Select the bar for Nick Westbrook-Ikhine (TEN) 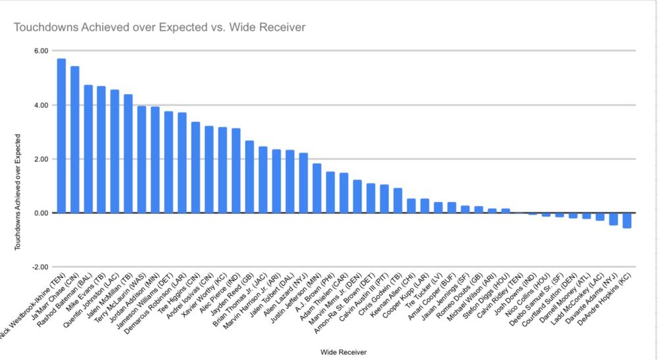[61, 136]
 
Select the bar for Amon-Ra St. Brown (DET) [370, 198]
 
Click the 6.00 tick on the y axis [41, 51]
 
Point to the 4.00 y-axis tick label [41, 105]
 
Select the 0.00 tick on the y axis [41, 213]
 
